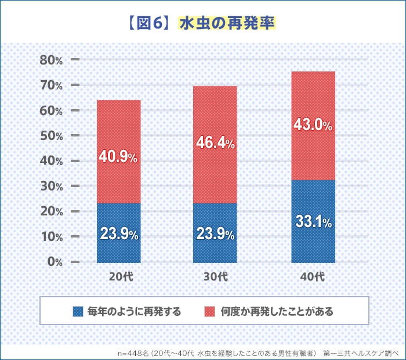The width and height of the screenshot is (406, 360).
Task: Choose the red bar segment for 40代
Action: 313,105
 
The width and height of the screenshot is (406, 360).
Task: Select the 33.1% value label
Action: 313,222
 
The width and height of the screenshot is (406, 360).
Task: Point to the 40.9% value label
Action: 118,157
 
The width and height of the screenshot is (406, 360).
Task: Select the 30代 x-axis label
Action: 215,277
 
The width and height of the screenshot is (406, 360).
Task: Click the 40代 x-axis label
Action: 313,277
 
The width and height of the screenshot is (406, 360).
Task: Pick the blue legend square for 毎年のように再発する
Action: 78,311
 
